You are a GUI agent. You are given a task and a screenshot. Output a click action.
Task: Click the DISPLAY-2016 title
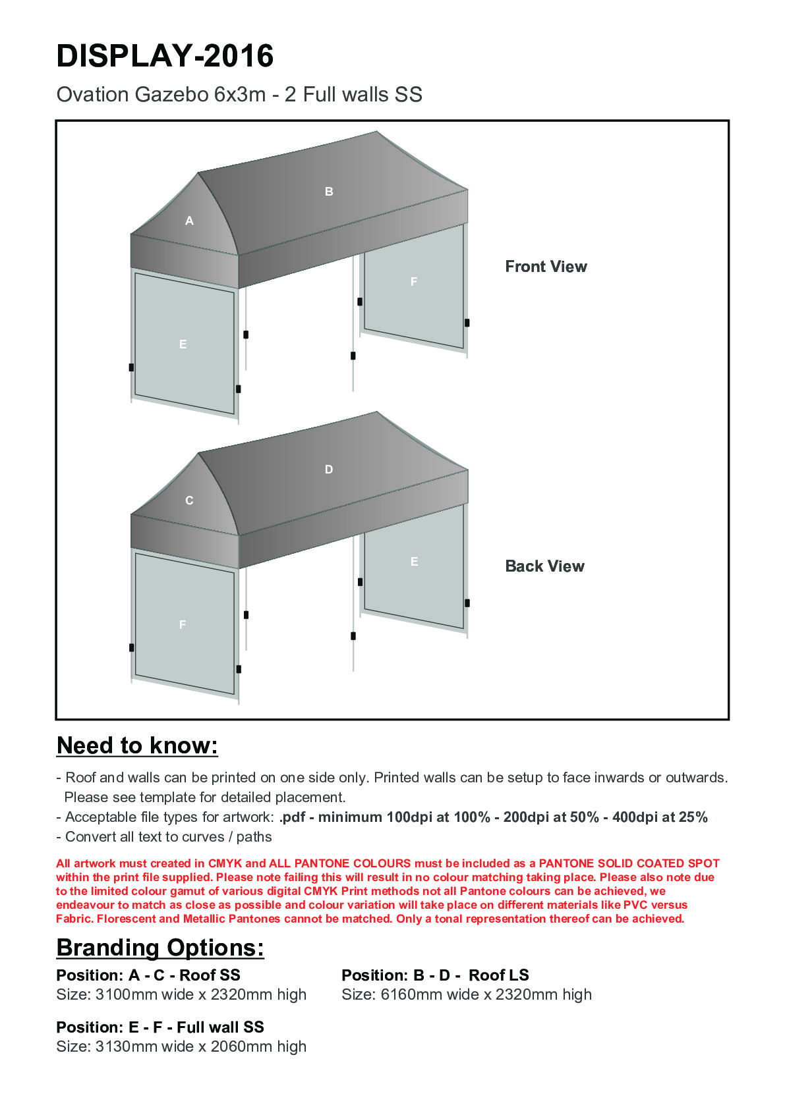tap(165, 56)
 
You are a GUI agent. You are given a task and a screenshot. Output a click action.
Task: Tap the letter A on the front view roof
tap(189, 221)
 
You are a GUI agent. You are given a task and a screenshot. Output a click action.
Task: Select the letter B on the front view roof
tap(329, 192)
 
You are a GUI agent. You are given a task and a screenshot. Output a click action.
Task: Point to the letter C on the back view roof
tap(189, 501)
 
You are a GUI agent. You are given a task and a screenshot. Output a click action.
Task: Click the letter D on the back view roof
tap(329, 470)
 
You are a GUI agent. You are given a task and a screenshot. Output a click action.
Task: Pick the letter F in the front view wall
tap(414, 282)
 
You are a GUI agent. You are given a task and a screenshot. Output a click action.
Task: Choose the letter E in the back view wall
tap(414, 562)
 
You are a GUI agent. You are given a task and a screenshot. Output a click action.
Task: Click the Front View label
tap(546, 267)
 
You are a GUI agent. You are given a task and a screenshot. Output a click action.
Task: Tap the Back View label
tap(544, 566)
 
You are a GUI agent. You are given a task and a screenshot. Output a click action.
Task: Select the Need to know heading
tap(137, 745)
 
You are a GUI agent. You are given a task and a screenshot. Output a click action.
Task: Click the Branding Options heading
tap(160, 948)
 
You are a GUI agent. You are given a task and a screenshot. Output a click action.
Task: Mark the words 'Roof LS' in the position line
tap(498, 975)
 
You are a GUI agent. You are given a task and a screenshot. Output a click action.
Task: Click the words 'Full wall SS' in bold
tap(220, 1027)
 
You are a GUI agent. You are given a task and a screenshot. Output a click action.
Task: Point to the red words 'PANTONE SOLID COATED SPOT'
tap(629, 863)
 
